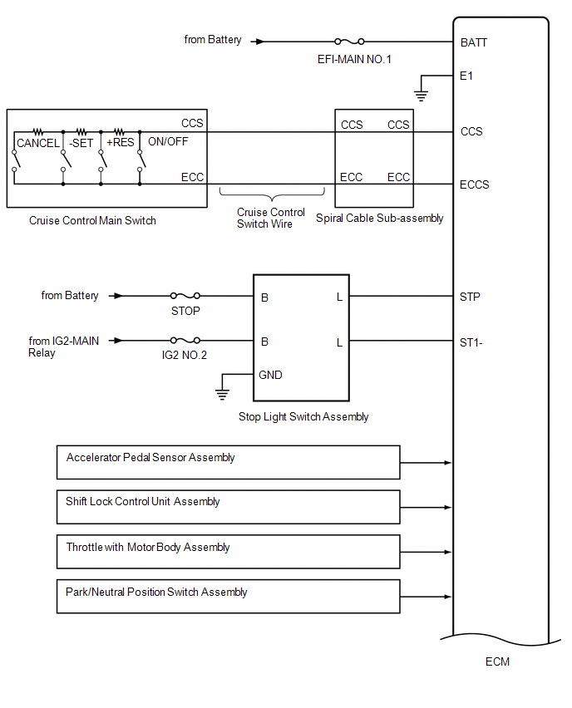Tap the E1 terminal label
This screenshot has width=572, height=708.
[x=466, y=75]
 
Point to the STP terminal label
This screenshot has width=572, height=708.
[x=470, y=296]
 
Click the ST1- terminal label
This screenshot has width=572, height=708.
[x=471, y=342]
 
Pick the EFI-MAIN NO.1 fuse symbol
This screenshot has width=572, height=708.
[x=349, y=41]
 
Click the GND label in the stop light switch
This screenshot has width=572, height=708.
[x=271, y=375]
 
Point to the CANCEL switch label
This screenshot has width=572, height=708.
[x=38, y=143]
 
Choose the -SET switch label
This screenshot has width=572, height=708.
[x=81, y=143]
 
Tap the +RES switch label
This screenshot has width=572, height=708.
[x=120, y=143]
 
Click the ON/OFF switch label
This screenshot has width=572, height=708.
[x=168, y=142]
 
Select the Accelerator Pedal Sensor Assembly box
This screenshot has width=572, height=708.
[x=228, y=462]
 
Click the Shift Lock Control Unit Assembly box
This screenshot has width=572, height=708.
[x=228, y=507]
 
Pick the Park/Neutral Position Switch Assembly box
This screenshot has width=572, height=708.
[x=228, y=597]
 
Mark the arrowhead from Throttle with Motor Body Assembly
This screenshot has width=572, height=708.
[x=448, y=552]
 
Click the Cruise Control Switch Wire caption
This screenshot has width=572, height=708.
[x=271, y=218]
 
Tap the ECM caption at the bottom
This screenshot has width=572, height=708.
[x=497, y=662]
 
